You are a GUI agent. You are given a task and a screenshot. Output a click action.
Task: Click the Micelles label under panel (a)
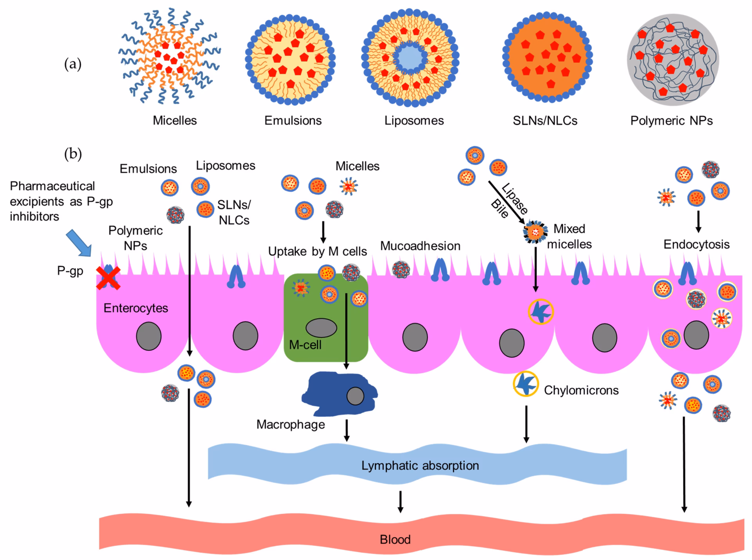175,120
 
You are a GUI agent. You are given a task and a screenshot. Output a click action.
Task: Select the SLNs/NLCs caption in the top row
545,121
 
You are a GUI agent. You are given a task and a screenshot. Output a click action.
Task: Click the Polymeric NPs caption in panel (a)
671,121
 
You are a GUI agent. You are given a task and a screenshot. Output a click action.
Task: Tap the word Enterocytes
136,308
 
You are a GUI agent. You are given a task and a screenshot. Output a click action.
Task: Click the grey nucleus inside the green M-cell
321,328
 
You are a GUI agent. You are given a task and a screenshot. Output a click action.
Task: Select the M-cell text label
305,345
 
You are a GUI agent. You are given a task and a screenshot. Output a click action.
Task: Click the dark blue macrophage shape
333,394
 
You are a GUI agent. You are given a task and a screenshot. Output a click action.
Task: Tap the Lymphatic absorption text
420,466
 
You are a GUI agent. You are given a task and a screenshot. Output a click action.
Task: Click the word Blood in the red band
395,540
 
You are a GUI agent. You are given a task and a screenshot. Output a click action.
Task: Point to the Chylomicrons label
581,390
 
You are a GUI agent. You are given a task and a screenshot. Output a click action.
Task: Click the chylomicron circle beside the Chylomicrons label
526,384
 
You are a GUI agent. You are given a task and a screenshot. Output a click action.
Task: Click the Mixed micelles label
569,237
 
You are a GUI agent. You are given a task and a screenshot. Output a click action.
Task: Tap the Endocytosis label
696,244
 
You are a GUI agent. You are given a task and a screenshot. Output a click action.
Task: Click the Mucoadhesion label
420,246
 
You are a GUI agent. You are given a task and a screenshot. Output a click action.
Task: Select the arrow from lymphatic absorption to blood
400,502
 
